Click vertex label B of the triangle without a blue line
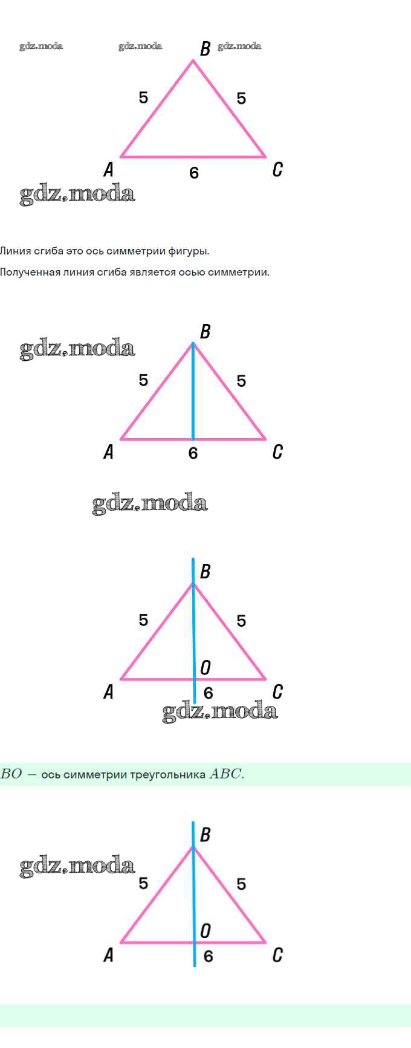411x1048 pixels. click(x=205, y=48)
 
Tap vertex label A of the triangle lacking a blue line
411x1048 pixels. click(x=109, y=169)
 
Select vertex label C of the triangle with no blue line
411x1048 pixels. click(x=277, y=169)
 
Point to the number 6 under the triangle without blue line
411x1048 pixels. click(x=193, y=173)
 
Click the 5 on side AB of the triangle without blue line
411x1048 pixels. click(x=143, y=97)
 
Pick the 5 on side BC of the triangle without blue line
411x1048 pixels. click(x=241, y=99)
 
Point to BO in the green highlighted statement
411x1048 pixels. click(x=11, y=774)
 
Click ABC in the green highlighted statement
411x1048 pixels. click(x=225, y=774)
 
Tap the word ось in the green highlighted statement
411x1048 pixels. click(x=50, y=775)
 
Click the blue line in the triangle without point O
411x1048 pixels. click(x=193, y=393)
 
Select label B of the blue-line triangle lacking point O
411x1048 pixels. click(x=205, y=331)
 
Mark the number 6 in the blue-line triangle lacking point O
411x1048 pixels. click(x=193, y=453)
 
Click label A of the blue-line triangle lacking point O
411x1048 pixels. click(x=109, y=451)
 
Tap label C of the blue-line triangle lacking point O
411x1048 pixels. click(x=277, y=451)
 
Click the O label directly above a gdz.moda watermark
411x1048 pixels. click(x=205, y=668)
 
